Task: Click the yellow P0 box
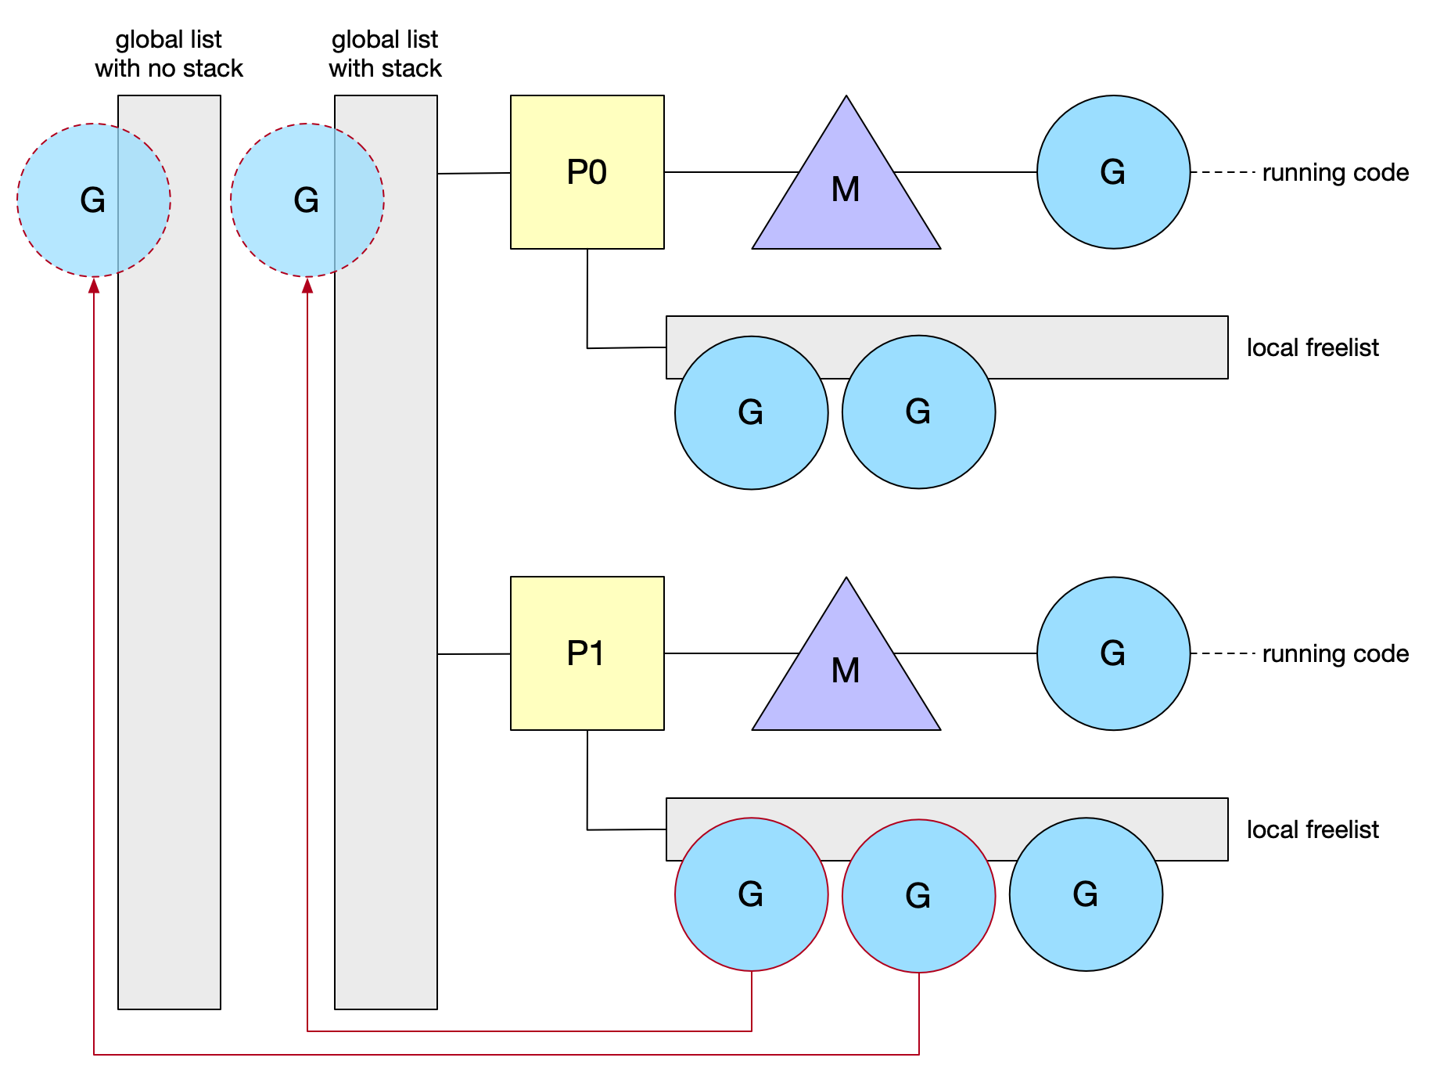coord(587,172)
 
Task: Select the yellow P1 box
coord(587,653)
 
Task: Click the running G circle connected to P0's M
coord(1113,172)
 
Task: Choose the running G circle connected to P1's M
coord(1113,653)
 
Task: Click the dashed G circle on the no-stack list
coord(93,200)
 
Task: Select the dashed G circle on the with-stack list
coord(307,200)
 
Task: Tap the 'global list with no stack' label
coord(169,54)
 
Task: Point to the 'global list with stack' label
coord(385,54)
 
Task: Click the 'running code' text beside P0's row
coord(1335,172)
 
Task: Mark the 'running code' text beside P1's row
coord(1335,653)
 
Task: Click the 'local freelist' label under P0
coord(1313,347)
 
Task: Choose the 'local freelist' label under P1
coord(1313,829)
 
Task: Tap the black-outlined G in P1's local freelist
coord(1086,894)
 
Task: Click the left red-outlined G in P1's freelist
coord(751,894)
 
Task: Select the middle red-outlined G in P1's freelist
coord(918,896)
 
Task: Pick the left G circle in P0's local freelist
coord(751,412)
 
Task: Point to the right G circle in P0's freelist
coord(918,412)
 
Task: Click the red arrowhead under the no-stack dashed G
coord(94,286)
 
